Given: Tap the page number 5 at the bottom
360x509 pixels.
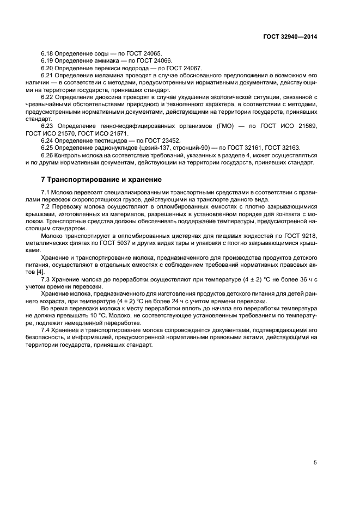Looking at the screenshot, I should tap(315, 462).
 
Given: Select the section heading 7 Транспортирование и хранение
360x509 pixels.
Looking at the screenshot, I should tap(101, 179).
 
